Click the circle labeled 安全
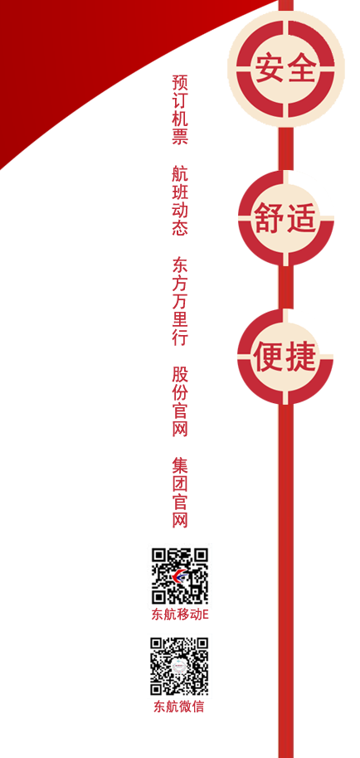(x=286, y=69)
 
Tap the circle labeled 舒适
(x=286, y=218)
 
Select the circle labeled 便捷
(x=285, y=357)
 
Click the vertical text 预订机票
(x=180, y=109)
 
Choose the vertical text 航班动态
(x=180, y=200)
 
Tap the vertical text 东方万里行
(x=180, y=300)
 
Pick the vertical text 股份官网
(x=180, y=401)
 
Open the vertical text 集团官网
(x=180, y=492)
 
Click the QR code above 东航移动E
(x=180, y=576)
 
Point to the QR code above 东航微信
(x=179, y=666)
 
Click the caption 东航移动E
(x=180, y=615)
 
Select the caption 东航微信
(x=179, y=707)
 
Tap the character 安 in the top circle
(x=269, y=69)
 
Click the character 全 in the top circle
(x=303, y=69)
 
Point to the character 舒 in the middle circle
(x=269, y=218)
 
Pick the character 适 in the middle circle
(x=302, y=218)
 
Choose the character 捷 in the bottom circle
(x=302, y=357)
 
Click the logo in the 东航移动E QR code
(x=180, y=576)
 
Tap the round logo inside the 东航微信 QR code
(x=179, y=666)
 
